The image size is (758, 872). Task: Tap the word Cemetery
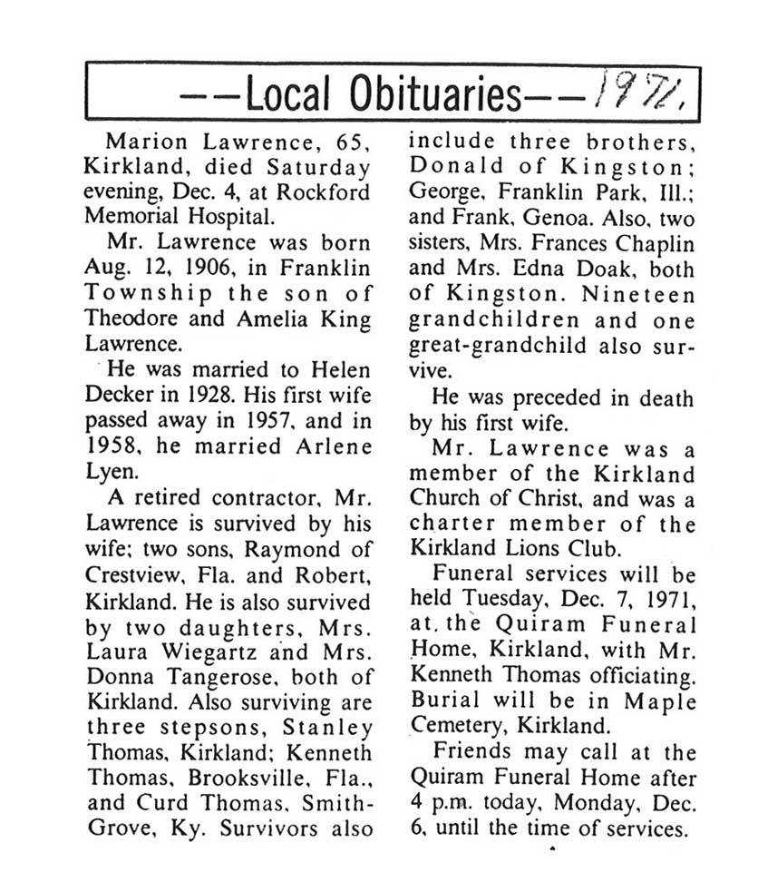point(451,727)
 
